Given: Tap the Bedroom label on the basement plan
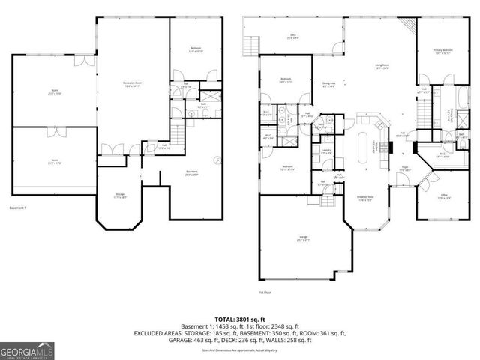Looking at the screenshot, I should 195,51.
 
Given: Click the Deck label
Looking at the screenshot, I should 293,36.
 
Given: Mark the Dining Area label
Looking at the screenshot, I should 328,84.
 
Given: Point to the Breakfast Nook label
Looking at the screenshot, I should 365,199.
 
